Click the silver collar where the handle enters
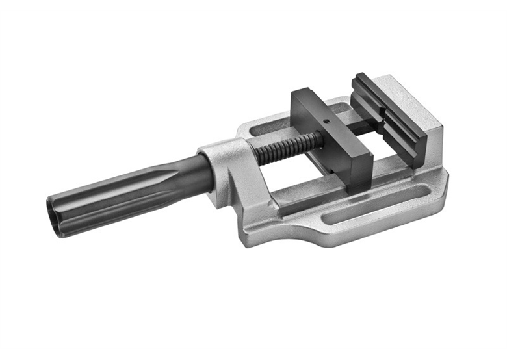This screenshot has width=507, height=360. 218,161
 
